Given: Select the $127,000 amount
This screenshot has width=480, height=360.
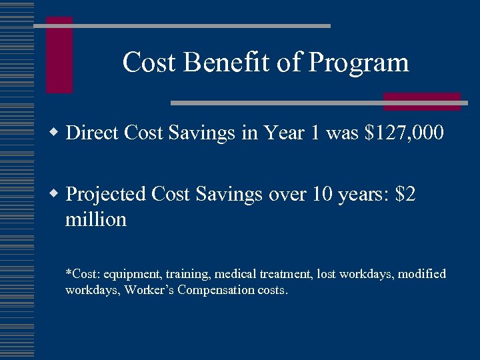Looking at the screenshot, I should point(404,133).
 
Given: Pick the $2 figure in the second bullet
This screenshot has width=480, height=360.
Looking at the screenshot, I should point(405,194).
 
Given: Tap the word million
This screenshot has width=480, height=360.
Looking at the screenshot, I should point(95,219).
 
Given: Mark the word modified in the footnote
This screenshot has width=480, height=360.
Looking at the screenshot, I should point(421,274).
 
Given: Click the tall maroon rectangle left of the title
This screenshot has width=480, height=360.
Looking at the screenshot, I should point(59,55).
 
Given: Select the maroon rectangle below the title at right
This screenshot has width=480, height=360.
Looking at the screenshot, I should point(421,101).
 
